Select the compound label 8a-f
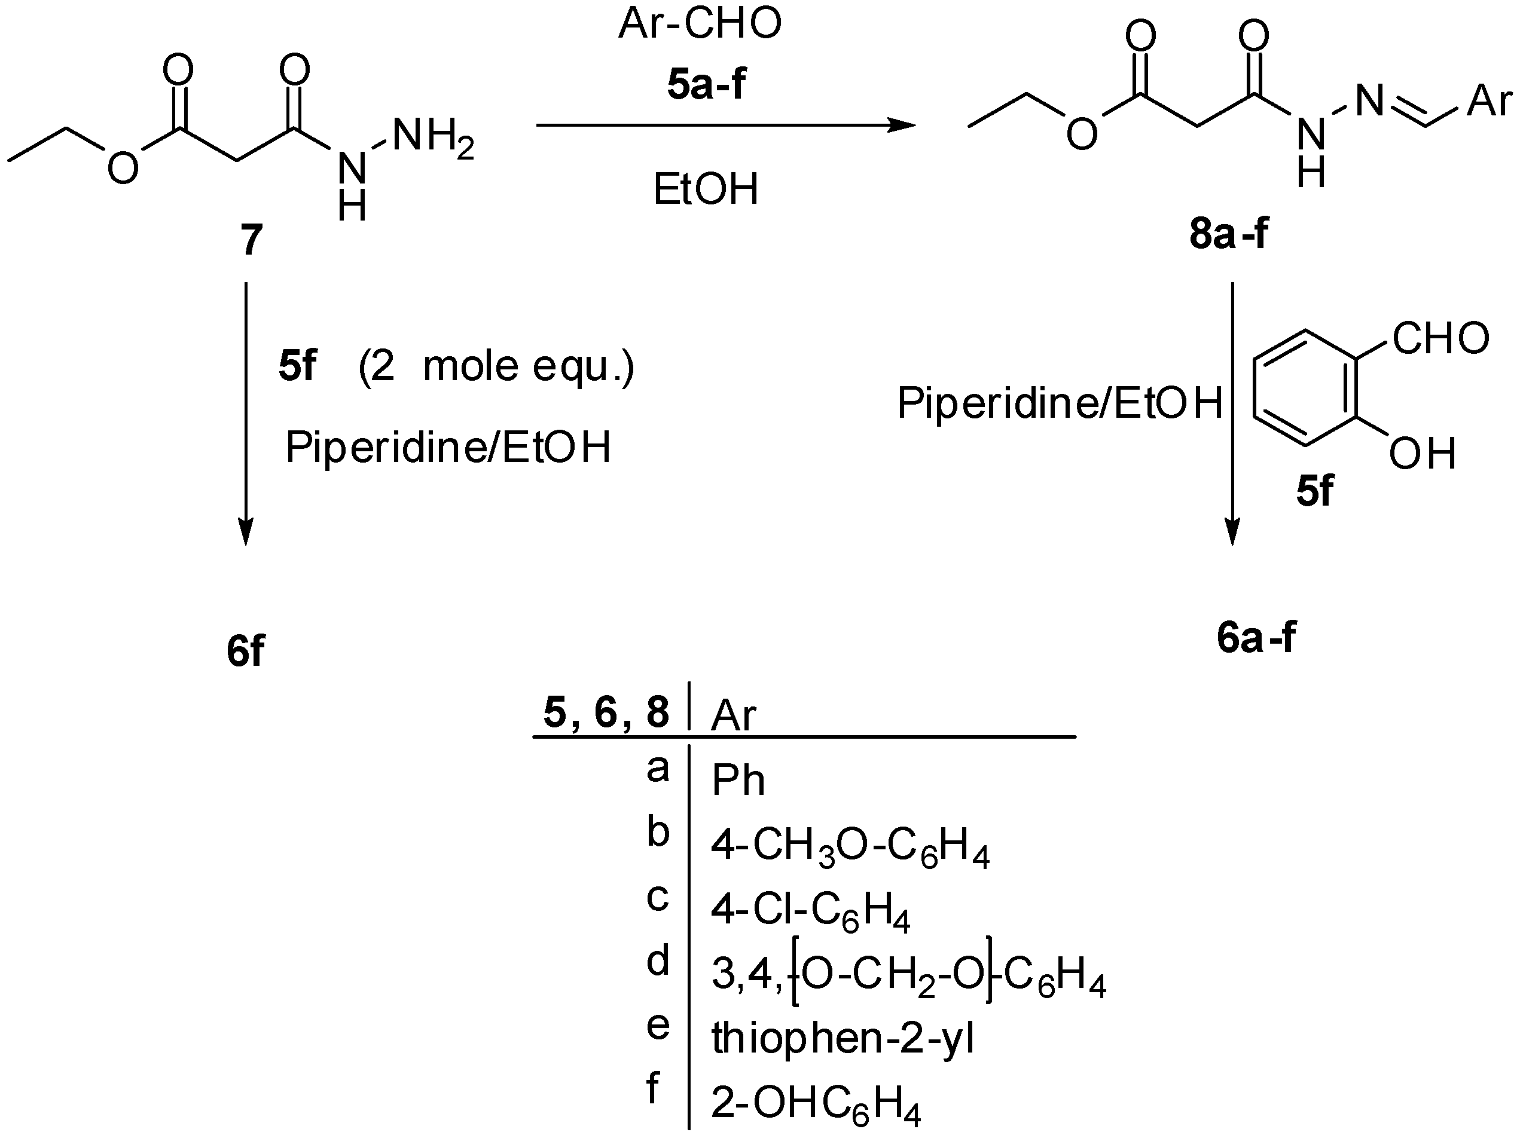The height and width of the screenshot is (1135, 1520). coord(1228,234)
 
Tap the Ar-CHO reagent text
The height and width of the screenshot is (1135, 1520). coord(700,23)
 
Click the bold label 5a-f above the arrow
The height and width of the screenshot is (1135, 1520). coord(706,85)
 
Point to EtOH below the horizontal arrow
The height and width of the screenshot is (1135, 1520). coord(706,189)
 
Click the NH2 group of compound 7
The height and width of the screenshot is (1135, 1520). coord(433,135)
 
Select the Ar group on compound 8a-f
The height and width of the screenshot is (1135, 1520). coord(1489,102)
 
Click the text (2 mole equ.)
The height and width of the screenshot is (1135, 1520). coord(496,366)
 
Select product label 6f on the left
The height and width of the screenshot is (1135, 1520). coord(245,651)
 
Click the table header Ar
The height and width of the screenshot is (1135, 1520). coord(733,715)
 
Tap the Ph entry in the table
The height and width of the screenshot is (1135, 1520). coord(738,781)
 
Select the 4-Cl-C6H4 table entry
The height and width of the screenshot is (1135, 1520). coord(810,913)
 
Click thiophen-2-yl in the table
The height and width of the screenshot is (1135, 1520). coord(843,1038)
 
